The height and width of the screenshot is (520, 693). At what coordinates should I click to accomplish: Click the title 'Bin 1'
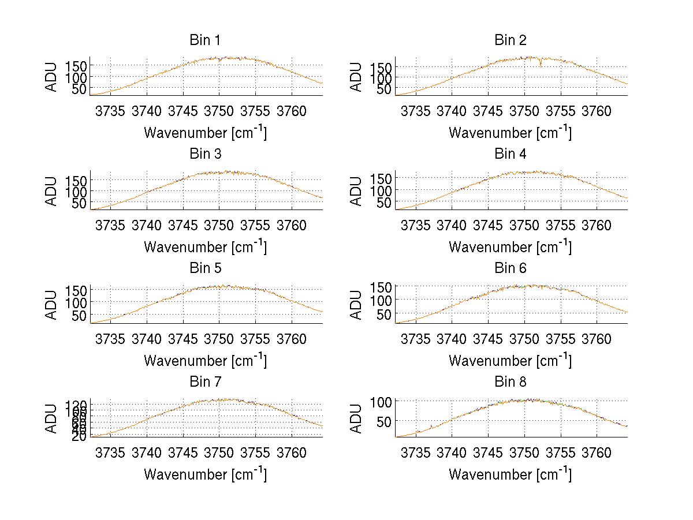[205, 40]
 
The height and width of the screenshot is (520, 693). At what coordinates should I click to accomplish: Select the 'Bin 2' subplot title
[511, 40]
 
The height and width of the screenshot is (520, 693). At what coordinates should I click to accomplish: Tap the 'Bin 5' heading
[205, 268]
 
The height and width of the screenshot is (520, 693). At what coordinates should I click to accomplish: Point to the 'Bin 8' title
[511, 382]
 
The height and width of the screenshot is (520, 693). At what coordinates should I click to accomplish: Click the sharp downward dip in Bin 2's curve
[541, 64]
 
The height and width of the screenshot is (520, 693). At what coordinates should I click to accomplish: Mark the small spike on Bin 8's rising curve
[431, 427]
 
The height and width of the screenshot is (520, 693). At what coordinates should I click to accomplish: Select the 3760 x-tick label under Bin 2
[597, 111]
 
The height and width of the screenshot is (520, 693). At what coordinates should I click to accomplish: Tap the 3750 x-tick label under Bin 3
[219, 225]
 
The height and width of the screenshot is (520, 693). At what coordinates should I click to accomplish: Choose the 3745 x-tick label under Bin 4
[488, 225]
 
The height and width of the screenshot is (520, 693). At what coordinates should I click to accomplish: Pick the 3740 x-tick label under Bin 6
[452, 339]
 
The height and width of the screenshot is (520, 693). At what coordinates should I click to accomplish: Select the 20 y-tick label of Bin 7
[79, 436]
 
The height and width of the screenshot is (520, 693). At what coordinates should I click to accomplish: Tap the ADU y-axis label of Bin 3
[52, 191]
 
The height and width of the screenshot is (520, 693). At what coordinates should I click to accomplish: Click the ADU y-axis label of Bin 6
[357, 305]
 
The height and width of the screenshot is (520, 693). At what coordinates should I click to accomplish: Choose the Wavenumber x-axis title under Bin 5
[205, 361]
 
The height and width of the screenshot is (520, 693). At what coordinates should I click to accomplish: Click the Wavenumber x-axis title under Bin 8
[511, 474]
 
